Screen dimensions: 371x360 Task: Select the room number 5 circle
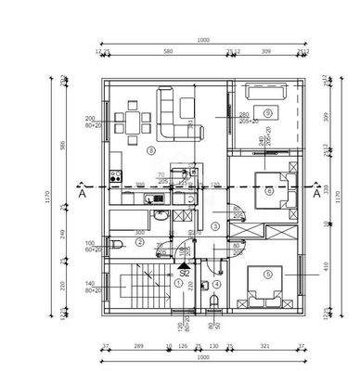(267, 274)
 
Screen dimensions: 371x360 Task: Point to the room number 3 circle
(214, 225)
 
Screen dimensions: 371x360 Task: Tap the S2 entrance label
(185, 273)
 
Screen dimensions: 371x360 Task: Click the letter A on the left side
(83, 195)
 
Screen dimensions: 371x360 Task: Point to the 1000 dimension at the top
(203, 40)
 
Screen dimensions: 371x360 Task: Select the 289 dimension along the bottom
(138, 346)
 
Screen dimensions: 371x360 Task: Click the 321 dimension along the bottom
(265, 346)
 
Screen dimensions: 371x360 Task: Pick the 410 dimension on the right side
(328, 265)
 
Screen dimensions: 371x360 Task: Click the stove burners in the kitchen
(116, 174)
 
